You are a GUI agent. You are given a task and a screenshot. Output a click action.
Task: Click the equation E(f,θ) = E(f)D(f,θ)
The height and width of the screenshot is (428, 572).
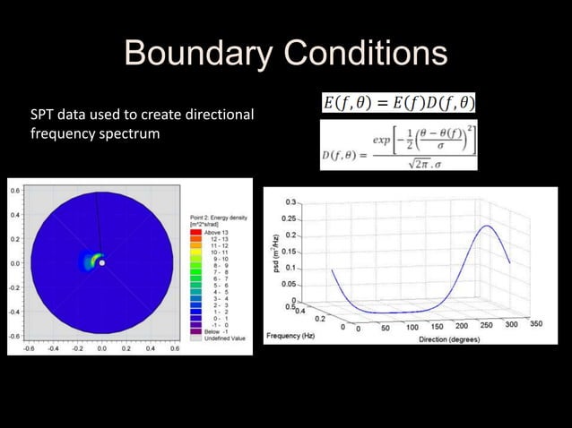tap(399, 104)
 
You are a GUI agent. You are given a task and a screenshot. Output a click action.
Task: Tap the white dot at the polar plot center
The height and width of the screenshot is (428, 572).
tap(102, 263)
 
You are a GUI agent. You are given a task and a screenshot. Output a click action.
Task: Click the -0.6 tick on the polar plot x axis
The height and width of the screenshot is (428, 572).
tap(29, 348)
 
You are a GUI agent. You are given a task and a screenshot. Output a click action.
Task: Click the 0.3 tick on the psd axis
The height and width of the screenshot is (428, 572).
tap(291, 202)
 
